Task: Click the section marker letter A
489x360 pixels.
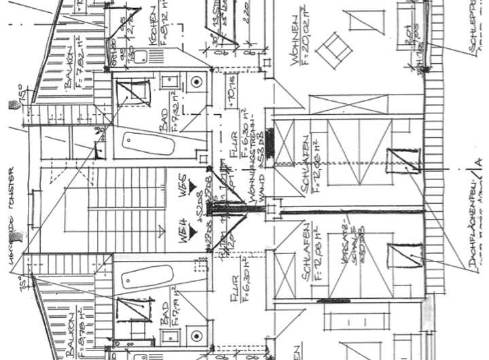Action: click(x=479, y=161)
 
